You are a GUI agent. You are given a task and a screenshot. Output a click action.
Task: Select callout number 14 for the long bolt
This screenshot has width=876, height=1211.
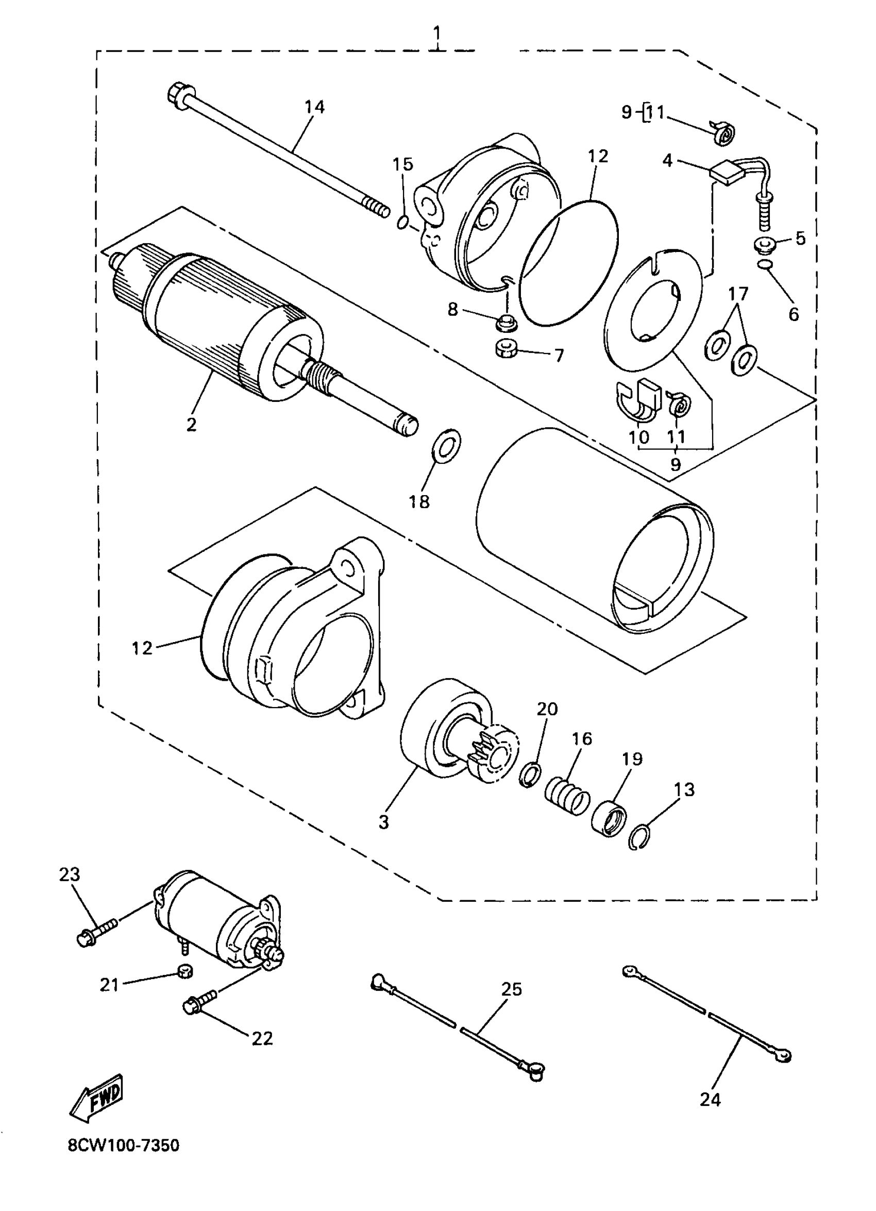point(314,107)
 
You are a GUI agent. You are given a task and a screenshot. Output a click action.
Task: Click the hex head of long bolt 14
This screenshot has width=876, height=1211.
point(177,94)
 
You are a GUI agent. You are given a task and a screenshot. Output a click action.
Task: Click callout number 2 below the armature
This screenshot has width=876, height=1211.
point(191,425)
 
